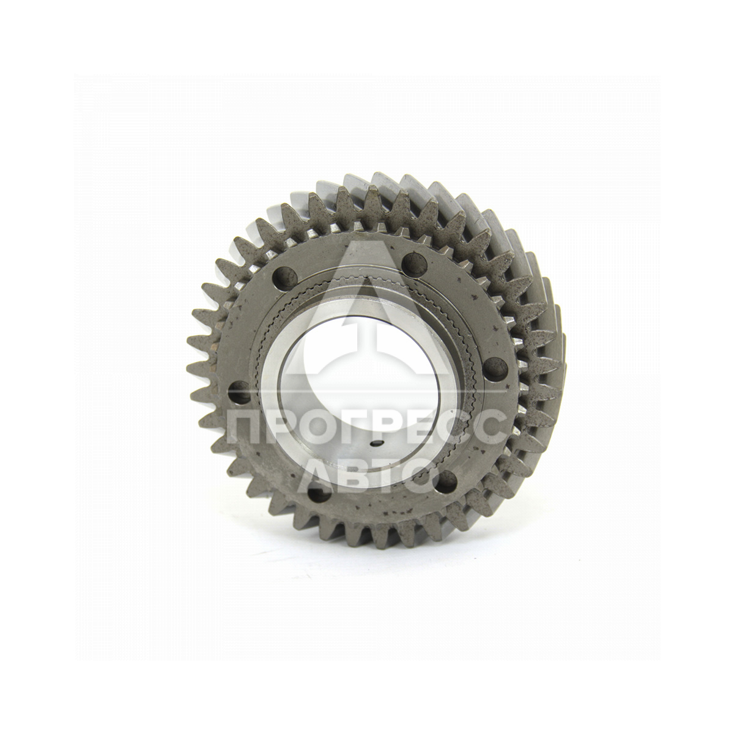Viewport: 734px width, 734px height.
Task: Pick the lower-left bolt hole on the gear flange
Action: click(x=319, y=494)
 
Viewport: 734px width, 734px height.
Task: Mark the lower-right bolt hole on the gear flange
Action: click(x=447, y=481)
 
